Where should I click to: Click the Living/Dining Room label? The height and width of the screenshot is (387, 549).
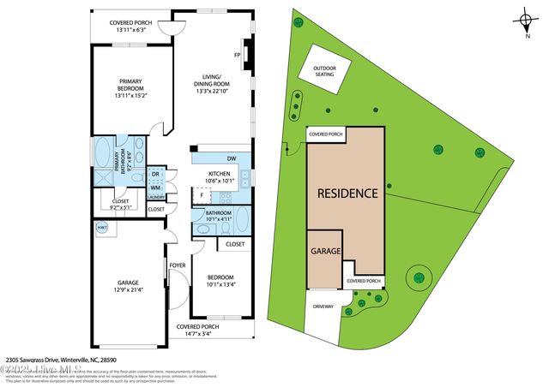click(214, 83)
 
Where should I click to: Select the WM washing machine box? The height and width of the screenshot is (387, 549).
click(156, 188)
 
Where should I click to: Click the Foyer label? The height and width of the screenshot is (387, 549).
click(178, 265)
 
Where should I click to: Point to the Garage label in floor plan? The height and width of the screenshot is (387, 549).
click(129, 287)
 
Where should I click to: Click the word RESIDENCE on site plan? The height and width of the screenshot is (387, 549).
click(347, 193)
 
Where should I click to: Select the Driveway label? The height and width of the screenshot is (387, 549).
click(323, 307)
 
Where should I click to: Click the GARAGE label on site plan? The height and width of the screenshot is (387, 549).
click(325, 252)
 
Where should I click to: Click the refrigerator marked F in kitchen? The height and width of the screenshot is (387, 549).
click(202, 196)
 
